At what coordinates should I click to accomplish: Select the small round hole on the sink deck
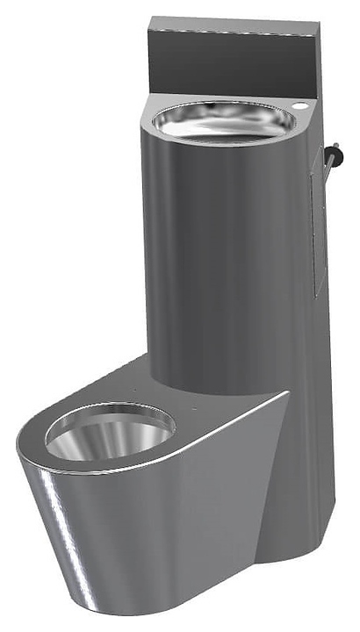point(302,107)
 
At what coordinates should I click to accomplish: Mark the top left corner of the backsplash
point(150,19)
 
